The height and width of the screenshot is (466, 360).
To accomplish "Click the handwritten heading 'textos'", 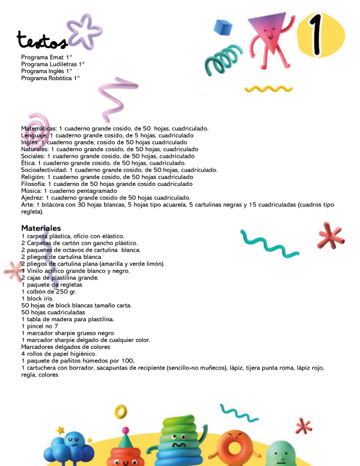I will pos(42,41).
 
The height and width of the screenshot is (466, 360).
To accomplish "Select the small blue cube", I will pos(222,27).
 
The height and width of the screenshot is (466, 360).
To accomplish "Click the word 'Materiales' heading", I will pos(41,228).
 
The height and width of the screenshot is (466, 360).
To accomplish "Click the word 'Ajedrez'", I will pos(32,198).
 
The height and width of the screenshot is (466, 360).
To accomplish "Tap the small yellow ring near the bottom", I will pos(121,410).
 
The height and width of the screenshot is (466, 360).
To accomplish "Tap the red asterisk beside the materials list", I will pos(331,236).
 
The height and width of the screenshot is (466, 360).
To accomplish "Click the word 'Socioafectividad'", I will pos(45,170).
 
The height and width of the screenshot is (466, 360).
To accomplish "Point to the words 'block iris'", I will pos(38,298).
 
